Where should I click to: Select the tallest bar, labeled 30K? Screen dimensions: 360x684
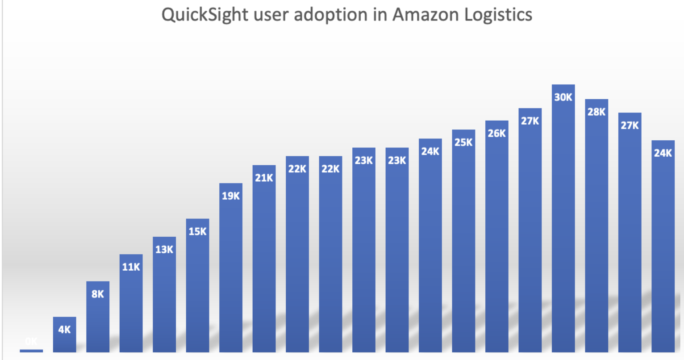click(x=563, y=219)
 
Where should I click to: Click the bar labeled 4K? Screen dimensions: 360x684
click(x=64, y=335)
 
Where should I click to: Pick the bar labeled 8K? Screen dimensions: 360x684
click(x=98, y=317)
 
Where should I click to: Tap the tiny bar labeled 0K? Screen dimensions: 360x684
click(x=31, y=351)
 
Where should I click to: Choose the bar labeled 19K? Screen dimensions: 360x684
click(x=231, y=268)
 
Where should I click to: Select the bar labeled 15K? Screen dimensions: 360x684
click(x=197, y=286)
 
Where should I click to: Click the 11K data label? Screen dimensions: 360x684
click(x=131, y=267)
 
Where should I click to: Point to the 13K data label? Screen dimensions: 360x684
click(x=164, y=249)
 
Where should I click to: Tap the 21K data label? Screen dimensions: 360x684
click(x=264, y=178)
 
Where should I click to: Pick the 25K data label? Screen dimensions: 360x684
click(x=463, y=142)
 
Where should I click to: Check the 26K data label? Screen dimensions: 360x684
click(x=496, y=133)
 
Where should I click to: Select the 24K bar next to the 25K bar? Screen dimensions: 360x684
click(x=430, y=246)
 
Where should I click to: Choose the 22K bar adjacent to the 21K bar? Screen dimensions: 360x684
click(x=297, y=255)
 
